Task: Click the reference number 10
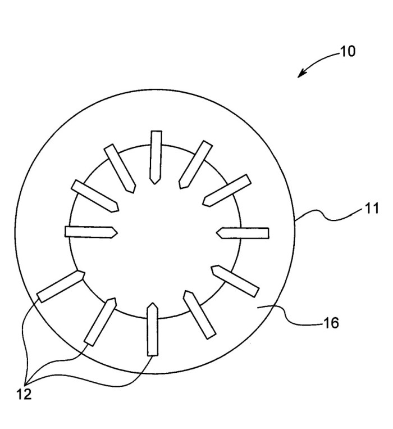(348, 51)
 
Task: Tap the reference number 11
(372, 209)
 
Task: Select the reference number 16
(331, 323)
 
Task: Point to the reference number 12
(24, 394)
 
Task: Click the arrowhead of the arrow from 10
(301, 74)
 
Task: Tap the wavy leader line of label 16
(290, 317)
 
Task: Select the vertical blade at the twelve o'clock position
(156, 157)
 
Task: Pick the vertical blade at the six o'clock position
(152, 329)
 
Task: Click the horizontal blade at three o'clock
(243, 233)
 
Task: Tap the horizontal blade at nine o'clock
(91, 232)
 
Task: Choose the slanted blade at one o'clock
(195, 165)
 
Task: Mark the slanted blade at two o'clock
(227, 191)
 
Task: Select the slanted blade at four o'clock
(235, 281)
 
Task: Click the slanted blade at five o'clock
(200, 315)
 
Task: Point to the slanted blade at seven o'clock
(100, 322)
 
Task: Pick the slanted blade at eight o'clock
(61, 286)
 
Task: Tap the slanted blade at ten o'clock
(95, 196)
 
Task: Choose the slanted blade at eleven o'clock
(120, 169)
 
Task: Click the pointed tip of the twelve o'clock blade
(154, 184)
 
